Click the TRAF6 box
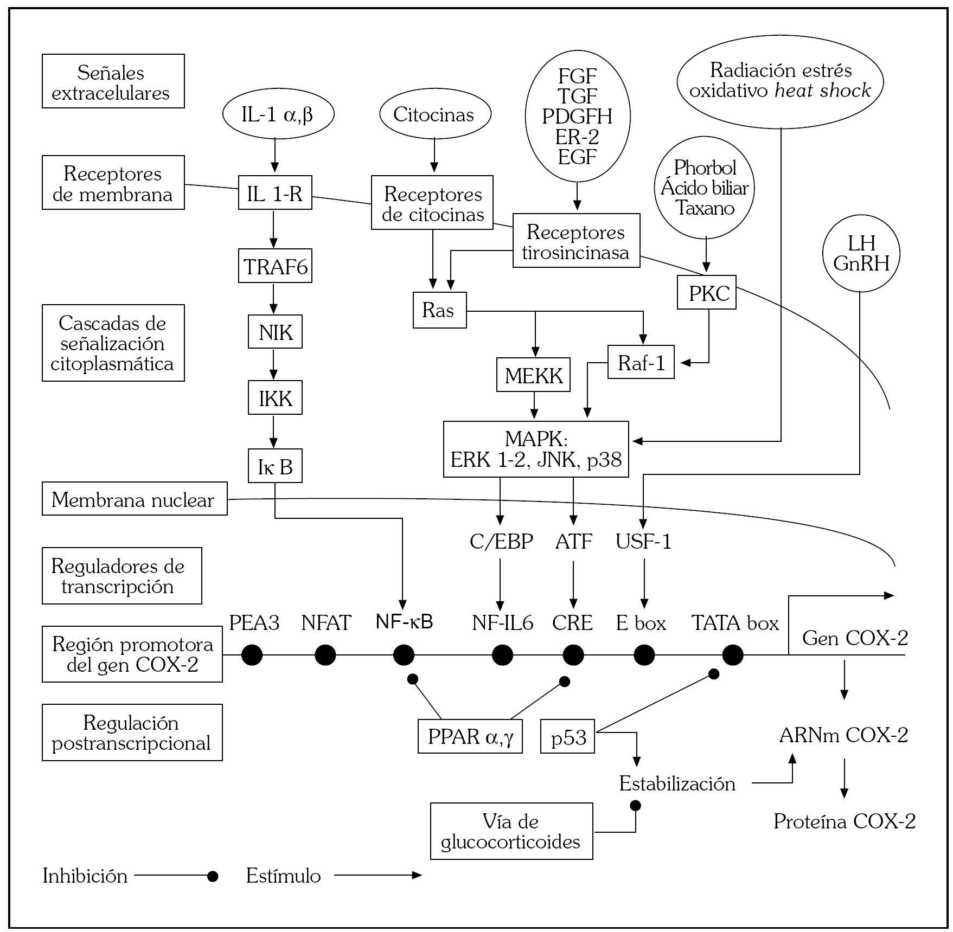275,266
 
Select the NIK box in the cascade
275,332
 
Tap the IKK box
275,398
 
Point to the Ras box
439,310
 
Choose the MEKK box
533,375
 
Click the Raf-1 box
641,362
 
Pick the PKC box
707,293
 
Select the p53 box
567,737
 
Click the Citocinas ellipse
434,114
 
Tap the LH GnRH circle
861,253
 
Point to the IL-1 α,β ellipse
278,114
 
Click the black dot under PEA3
252,655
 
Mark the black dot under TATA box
733,655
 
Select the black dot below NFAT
325,655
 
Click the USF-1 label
643,541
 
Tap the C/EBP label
501,541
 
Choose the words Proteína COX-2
844,821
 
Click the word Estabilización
677,783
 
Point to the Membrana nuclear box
135,499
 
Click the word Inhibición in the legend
85,876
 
